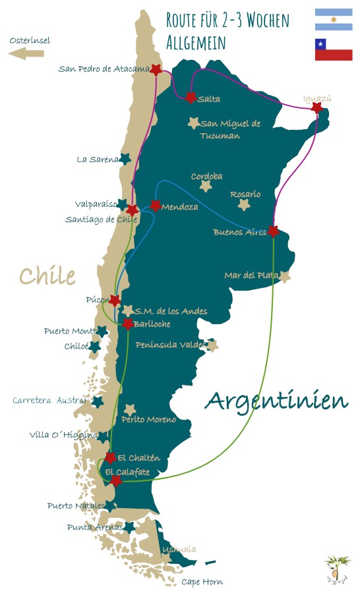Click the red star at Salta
191,98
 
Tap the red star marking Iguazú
317,107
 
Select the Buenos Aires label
239,232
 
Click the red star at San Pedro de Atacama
156,69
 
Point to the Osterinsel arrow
26,54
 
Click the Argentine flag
333,19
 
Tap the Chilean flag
333,49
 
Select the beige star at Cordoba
206,186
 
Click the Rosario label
245,194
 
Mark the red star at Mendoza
156,206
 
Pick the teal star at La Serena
125,159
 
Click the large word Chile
47,275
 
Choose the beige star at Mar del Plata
284,277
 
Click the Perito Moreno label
148,420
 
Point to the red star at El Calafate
116,481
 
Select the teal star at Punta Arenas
129,527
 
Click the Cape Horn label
202,582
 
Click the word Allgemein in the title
196,43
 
